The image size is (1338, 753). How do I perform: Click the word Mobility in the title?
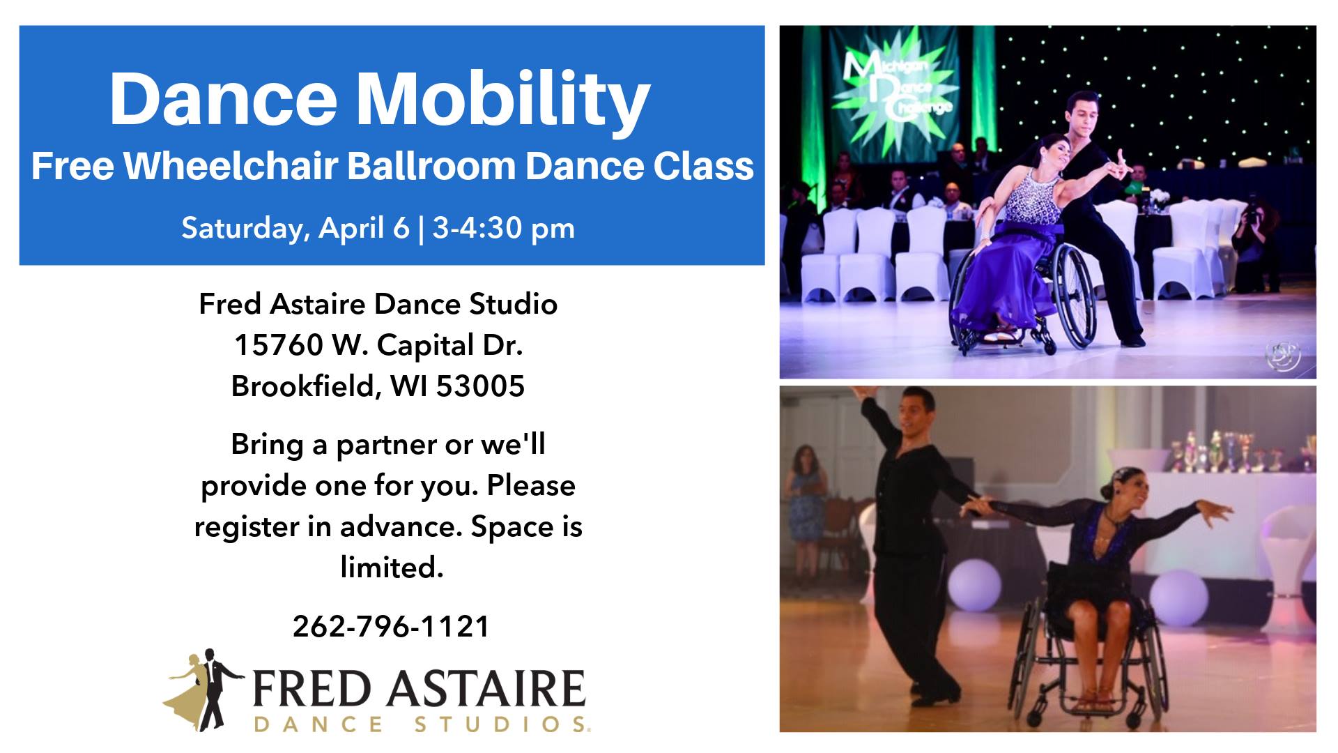pos(503,100)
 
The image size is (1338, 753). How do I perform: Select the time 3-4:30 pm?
pos(503,228)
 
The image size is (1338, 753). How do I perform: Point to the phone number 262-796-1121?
pos(391,626)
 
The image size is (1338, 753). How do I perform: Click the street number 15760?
pos(279,344)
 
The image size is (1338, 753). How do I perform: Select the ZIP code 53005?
pos(480,386)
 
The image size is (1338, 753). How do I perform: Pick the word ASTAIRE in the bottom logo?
pos(486,689)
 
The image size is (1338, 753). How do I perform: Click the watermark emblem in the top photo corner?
pos(1283,356)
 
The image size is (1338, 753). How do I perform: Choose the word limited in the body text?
pos(392,568)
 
